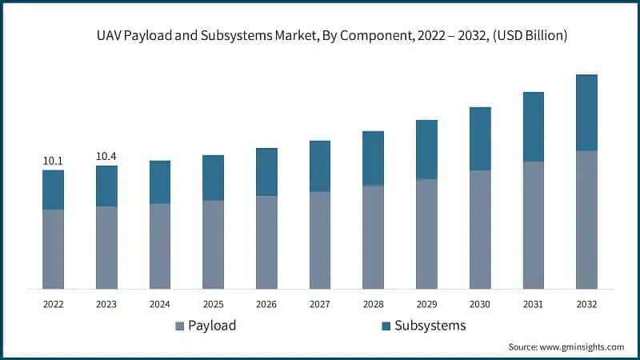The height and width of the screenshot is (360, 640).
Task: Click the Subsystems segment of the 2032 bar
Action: coord(586,113)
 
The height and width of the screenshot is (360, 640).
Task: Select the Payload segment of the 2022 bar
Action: coord(53,249)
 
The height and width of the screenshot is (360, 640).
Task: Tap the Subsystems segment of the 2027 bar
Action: coord(320,166)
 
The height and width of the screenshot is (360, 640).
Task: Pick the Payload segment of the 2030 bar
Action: coord(480,229)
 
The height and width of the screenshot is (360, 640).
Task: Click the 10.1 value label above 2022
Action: coord(53,162)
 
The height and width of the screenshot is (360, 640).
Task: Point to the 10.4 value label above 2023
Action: coord(106,157)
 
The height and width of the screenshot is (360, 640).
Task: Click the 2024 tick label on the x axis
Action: coord(160,304)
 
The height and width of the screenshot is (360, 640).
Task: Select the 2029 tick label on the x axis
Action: coord(426,304)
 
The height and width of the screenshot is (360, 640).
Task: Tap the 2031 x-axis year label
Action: coord(534,304)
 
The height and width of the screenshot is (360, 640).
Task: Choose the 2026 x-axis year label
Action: coord(266,304)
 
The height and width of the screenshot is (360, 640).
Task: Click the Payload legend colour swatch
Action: coord(179,326)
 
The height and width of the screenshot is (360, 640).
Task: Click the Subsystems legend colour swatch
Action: coord(386,326)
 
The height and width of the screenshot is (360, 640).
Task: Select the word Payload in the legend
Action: coord(212,326)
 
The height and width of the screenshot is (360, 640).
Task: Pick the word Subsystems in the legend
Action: coord(430,326)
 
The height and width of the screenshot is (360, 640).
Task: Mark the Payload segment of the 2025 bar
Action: coord(213,244)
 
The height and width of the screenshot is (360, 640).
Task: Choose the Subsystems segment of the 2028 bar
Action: coord(373,158)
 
